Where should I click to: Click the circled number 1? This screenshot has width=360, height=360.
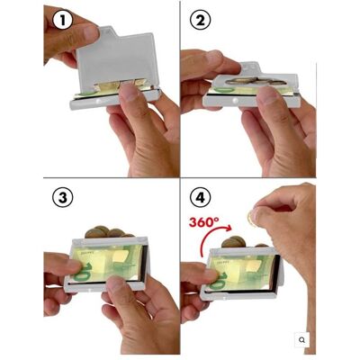(63, 21)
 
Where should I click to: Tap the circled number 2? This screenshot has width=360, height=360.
(201, 21)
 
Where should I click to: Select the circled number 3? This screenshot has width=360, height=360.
(63, 198)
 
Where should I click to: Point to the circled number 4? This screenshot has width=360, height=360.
(201, 198)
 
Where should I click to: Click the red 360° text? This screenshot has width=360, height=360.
(203, 222)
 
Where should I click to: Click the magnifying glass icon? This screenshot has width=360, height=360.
(302, 340)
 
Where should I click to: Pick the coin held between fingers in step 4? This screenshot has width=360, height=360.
(251, 218)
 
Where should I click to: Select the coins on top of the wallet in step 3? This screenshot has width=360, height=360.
(108, 232)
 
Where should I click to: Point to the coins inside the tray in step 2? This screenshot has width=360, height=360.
(255, 81)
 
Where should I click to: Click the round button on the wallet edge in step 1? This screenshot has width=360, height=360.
(98, 103)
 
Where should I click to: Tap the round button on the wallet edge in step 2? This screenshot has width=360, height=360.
(235, 101)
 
